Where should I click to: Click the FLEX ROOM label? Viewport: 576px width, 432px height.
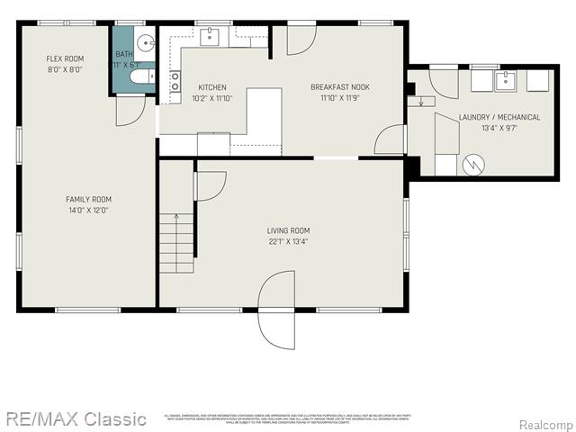[x=65, y=58]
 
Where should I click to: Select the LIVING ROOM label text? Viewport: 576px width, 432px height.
[x=288, y=229]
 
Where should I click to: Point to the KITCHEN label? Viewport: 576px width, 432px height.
[x=212, y=86]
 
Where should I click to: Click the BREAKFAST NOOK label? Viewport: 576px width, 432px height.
[x=340, y=86]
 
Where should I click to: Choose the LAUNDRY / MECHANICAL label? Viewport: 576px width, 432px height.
[x=499, y=117]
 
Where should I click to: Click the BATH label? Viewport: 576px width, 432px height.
[x=123, y=54]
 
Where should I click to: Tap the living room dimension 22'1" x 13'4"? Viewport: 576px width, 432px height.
[x=288, y=241]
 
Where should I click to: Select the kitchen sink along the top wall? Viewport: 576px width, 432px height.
[x=209, y=36]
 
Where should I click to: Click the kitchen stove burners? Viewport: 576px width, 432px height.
[x=175, y=82]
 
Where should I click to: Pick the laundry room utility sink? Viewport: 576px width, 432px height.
[x=506, y=80]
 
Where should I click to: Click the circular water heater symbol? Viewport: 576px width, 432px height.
[x=473, y=164]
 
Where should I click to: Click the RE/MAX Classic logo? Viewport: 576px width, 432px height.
[x=76, y=418]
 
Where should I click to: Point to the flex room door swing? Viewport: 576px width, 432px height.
[x=130, y=108]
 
